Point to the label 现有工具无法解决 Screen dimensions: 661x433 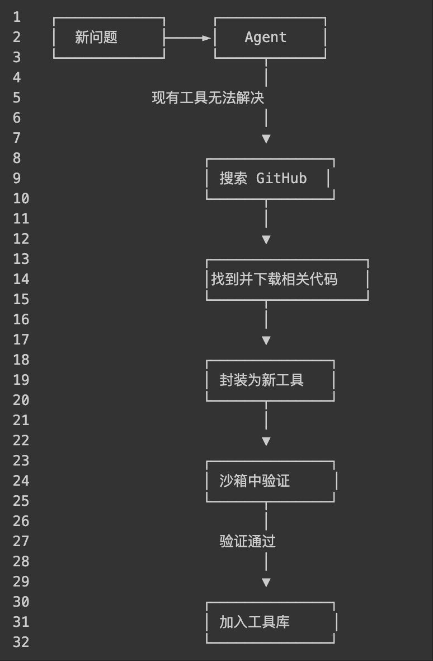[x=208, y=98]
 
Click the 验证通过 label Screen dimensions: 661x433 [x=247, y=542]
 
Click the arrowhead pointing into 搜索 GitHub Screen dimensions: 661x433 [x=266, y=138]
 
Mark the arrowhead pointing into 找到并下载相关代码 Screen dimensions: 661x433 [x=266, y=239]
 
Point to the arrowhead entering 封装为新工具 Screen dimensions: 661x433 [x=266, y=340]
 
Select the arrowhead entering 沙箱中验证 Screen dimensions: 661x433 [x=266, y=441]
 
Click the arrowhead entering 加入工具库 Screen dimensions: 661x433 [x=266, y=582]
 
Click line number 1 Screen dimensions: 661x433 [x=17, y=17]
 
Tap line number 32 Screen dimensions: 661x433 [x=21, y=643]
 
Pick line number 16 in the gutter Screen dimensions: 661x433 [x=21, y=320]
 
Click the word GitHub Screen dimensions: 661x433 [x=281, y=179]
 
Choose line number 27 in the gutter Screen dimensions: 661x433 [x=21, y=542]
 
